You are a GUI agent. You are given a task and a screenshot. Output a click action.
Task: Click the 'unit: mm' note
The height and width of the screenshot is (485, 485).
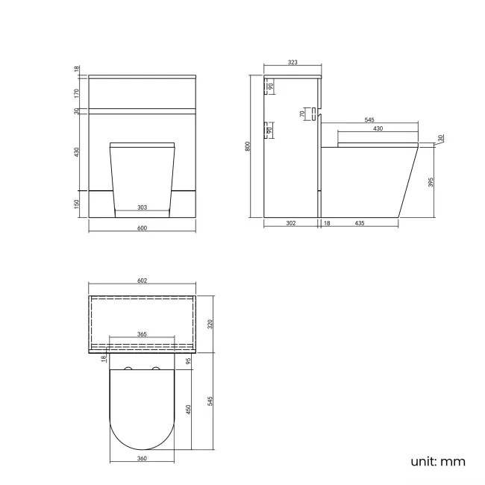click(x=438, y=461)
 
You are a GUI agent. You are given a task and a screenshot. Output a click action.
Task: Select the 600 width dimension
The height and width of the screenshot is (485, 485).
click(x=142, y=228)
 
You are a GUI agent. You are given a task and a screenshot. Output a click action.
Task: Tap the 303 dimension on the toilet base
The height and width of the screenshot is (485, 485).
click(x=142, y=208)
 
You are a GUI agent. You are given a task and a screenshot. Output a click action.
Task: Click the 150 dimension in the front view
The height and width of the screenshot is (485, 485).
click(x=77, y=204)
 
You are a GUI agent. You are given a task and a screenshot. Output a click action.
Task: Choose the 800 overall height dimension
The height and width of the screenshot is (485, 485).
click(x=248, y=146)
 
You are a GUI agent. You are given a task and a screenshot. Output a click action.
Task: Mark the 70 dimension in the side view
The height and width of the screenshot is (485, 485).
click(x=303, y=114)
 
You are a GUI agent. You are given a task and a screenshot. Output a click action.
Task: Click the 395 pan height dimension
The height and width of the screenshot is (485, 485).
click(x=431, y=183)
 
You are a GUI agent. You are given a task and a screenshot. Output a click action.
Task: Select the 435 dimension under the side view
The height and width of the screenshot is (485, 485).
click(x=360, y=222)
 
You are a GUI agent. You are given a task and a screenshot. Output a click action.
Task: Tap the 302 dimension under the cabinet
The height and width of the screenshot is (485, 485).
click(x=291, y=222)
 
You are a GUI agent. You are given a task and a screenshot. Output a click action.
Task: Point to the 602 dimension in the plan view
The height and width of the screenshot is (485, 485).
click(x=142, y=281)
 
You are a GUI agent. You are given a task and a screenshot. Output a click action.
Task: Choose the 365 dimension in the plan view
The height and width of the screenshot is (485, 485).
click(x=142, y=335)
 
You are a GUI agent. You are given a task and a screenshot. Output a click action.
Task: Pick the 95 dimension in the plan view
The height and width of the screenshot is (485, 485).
click(x=189, y=361)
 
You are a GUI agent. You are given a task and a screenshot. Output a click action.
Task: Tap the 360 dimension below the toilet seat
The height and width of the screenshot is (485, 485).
click(x=142, y=458)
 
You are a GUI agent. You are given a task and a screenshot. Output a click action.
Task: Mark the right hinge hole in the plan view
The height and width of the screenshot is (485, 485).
click(x=157, y=370)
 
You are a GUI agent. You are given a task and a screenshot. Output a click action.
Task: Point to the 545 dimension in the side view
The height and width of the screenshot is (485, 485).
click(x=369, y=119)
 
